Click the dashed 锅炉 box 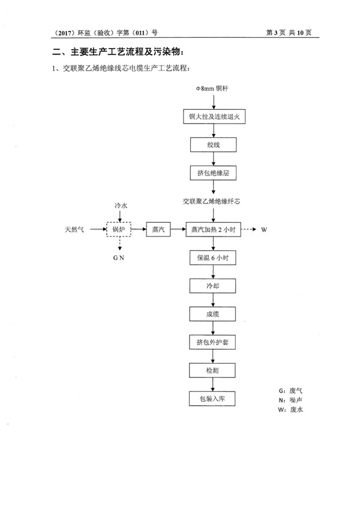[x=119, y=229]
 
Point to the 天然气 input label [x=76, y=229]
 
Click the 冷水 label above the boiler [x=121, y=205]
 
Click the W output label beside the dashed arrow [x=263, y=229]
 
